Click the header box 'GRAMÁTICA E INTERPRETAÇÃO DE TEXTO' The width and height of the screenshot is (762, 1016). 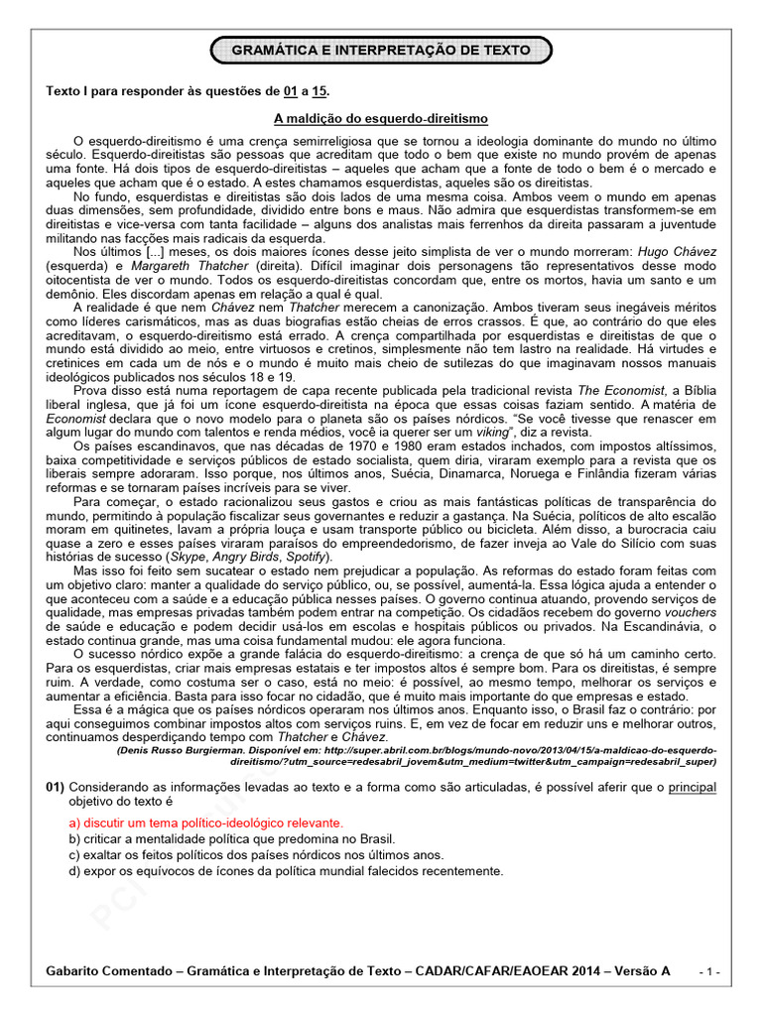pos(381,49)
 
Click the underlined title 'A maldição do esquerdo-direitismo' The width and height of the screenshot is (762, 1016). pos(381,116)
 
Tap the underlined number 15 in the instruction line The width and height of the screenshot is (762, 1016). pos(319,91)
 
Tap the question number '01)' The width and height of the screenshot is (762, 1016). pos(56,787)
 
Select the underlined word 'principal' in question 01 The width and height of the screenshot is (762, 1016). pos(692,787)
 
